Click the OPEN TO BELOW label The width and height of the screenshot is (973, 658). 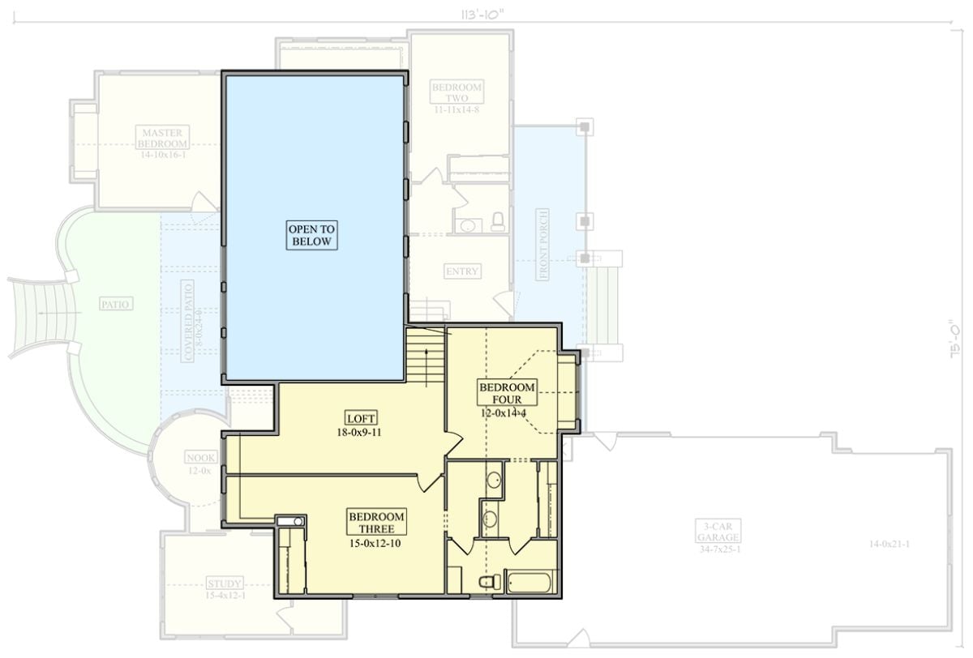[x=312, y=235]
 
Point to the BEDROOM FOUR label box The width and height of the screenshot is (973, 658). [x=507, y=393]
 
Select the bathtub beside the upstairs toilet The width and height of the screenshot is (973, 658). [x=530, y=581]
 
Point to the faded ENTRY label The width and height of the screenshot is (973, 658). [x=462, y=271]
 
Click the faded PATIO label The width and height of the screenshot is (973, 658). [x=117, y=304]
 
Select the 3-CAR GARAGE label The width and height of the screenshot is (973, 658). [x=717, y=531]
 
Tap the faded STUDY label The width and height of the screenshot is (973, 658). [x=225, y=583]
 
